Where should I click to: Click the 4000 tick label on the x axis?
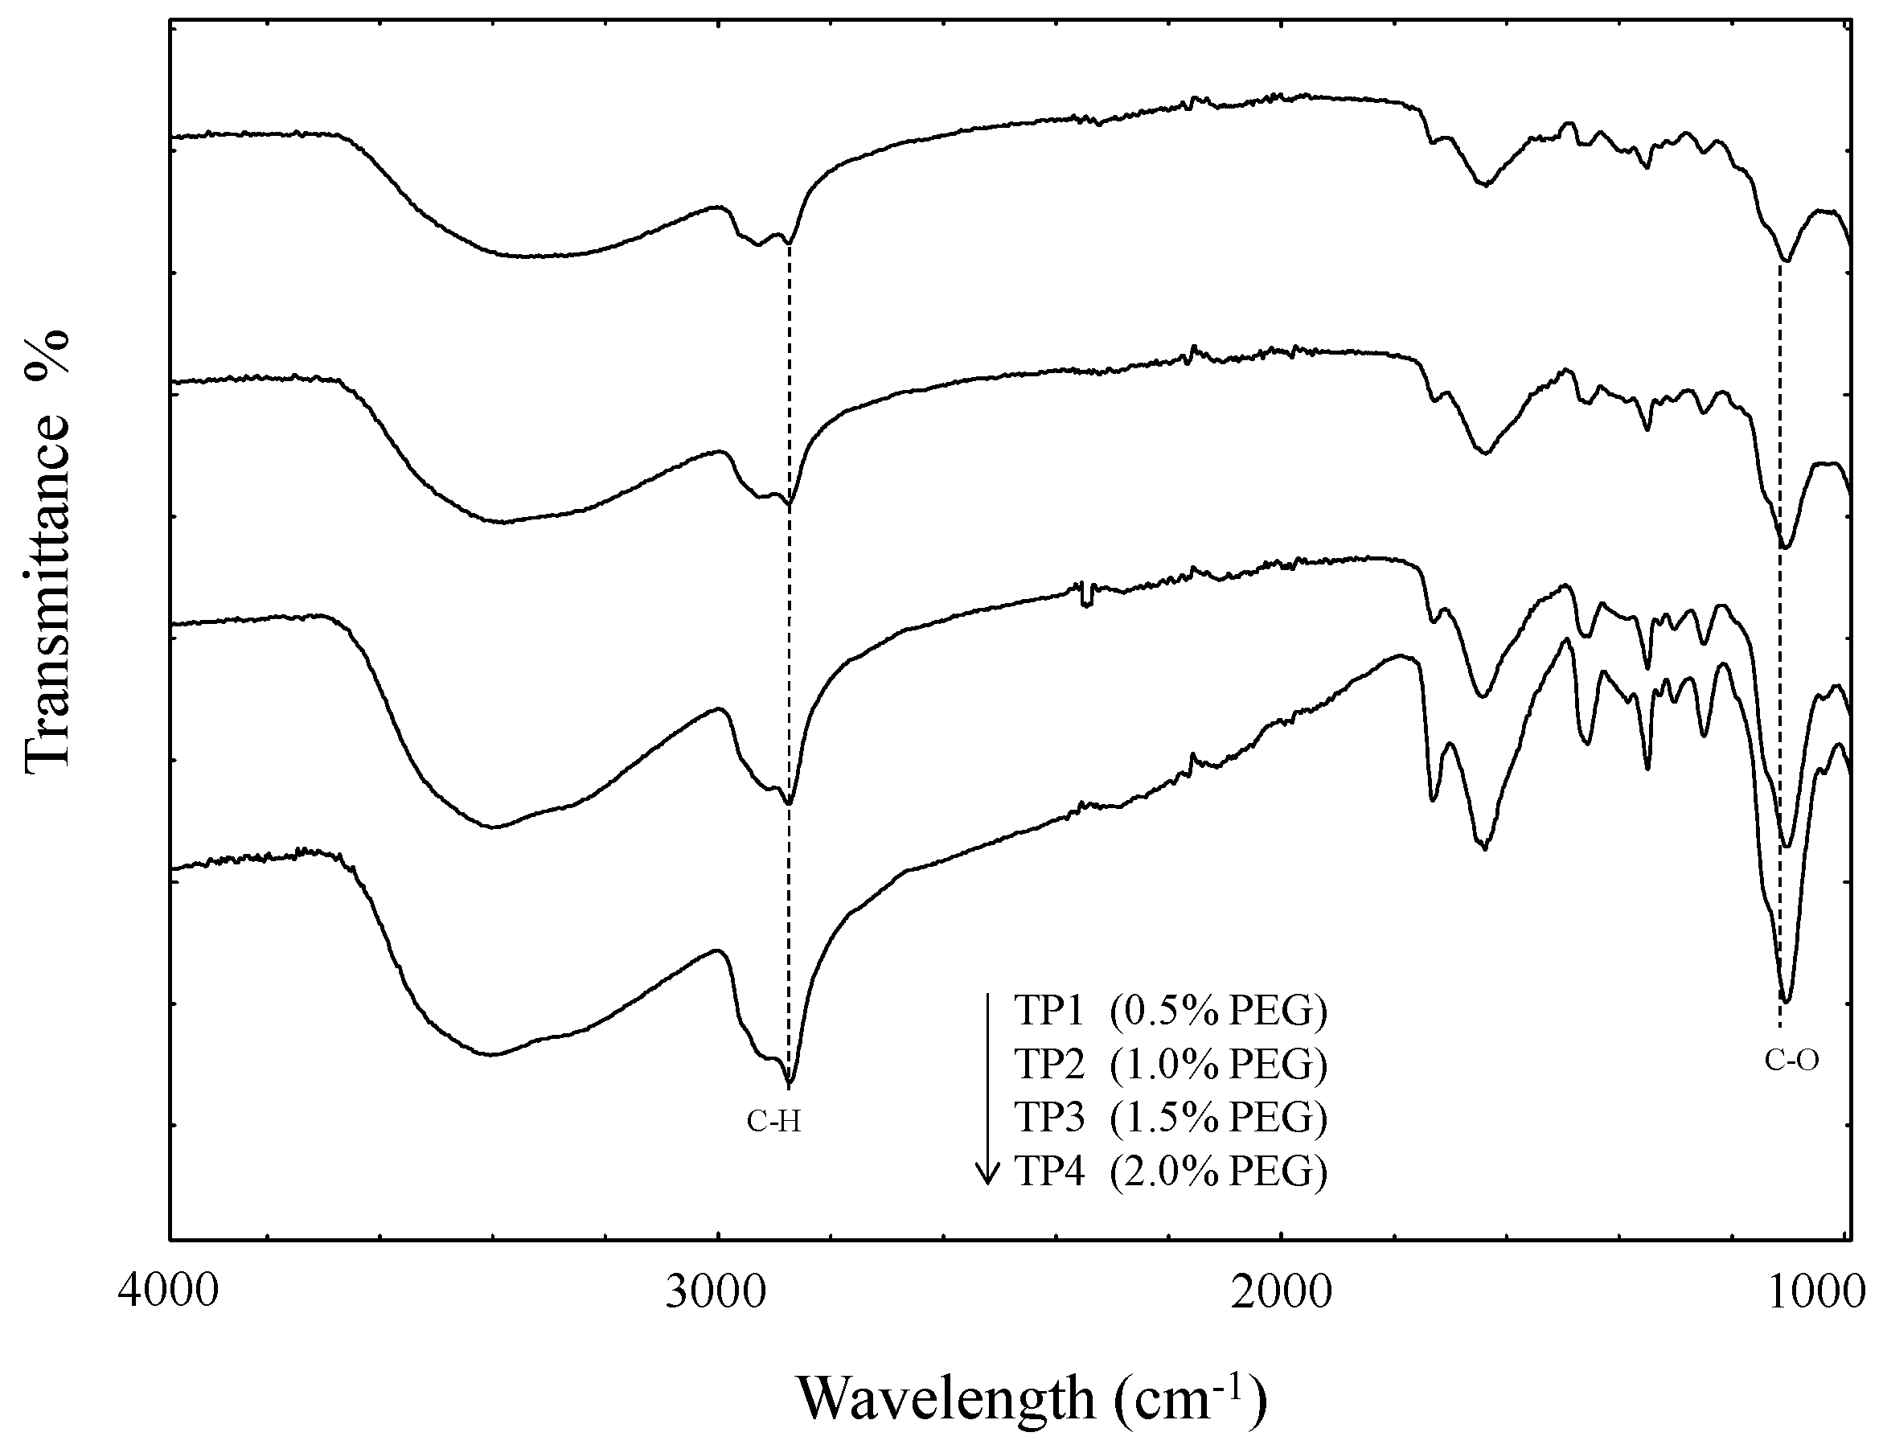[170, 1294]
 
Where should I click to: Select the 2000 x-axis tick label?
[1282, 1294]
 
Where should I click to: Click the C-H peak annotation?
[773, 1121]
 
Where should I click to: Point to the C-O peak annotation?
[1791, 1061]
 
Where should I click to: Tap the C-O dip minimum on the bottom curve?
[1786, 1001]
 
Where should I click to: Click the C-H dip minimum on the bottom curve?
[789, 1083]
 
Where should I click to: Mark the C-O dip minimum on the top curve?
[1786, 261]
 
